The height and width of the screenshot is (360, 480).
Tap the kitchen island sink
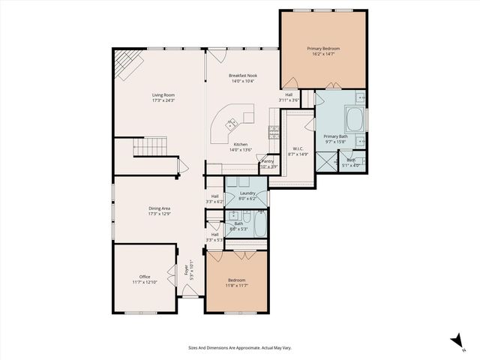(232, 121)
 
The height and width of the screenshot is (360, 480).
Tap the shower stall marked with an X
(326, 161)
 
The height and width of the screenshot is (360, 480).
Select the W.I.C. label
(298, 148)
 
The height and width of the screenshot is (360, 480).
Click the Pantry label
(268, 161)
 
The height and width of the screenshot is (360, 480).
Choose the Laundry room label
(247, 193)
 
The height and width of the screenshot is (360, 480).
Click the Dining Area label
(159, 209)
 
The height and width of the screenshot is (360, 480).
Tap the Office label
(145, 277)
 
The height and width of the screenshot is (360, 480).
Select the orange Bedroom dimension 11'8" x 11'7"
(237, 286)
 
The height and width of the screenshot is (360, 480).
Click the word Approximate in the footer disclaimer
(247, 347)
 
